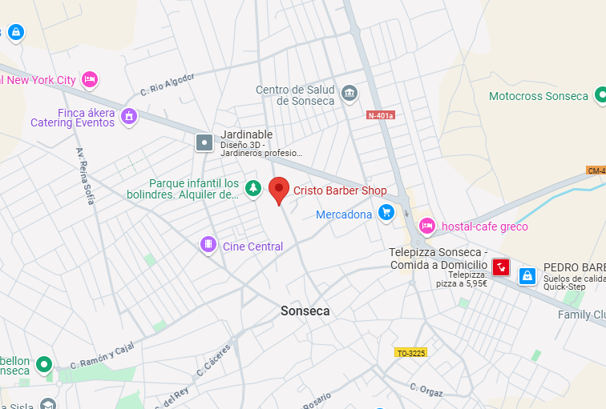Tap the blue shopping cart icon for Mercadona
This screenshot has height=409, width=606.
pyautogui.click(x=386, y=212)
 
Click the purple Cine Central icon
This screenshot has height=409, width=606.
pyautogui.click(x=208, y=243)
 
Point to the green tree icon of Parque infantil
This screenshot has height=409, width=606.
pyautogui.click(x=253, y=188)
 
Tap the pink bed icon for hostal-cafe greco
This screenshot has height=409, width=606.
pyautogui.click(x=427, y=226)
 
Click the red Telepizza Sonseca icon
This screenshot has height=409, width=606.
pyautogui.click(x=501, y=267)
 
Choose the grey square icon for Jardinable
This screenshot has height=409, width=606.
pyautogui.click(x=205, y=142)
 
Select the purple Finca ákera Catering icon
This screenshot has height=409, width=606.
pyautogui.click(x=128, y=117)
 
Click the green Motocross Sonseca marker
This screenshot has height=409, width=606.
pyautogui.click(x=601, y=96)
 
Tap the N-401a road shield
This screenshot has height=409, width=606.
pyautogui.click(x=381, y=115)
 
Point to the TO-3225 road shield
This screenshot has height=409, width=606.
pyautogui.click(x=411, y=352)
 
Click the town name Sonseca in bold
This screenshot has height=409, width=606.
pyautogui.click(x=305, y=311)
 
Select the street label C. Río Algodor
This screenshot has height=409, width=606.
pyautogui.click(x=168, y=83)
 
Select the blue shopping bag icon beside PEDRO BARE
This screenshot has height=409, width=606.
pyautogui.click(x=527, y=275)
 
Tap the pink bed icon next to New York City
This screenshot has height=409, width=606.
pyautogui.click(x=90, y=78)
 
